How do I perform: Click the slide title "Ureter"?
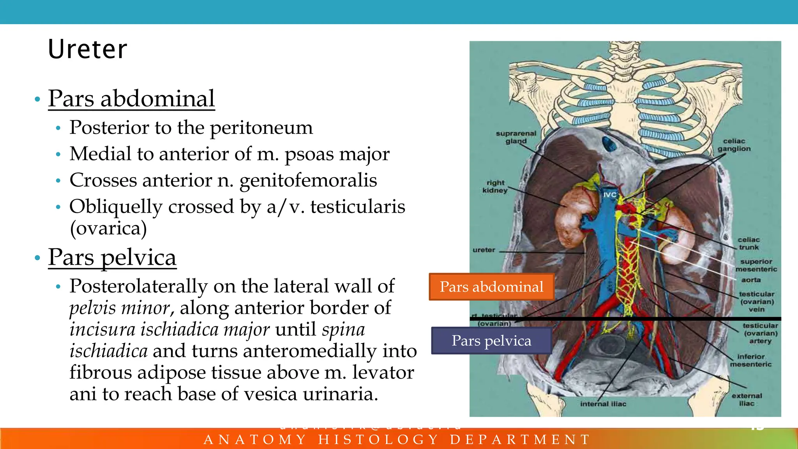coord(87,49)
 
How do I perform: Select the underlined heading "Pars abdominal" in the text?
coord(131,99)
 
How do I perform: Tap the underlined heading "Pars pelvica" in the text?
coord(112,257)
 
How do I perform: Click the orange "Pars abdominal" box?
coord(491,287)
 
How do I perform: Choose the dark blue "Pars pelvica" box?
coord(491,341)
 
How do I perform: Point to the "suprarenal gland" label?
coord(516,137)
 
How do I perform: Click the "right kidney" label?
coord(495,187)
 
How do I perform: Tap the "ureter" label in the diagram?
coord(484,250)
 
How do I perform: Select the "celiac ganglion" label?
coord(734,145)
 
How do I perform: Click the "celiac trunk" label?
coord(749,243)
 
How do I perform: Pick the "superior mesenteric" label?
coord(756,265)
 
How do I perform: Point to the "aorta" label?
coord(751,280)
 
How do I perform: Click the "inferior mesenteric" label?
coord(750,360)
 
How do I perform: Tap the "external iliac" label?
coord(747,400)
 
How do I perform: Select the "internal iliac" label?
coord(603,404)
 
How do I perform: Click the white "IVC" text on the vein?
coord(610,195)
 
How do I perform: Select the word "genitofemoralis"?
coord(308,180)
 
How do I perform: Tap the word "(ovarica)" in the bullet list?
coord(108,228)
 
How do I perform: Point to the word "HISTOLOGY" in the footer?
coord(378,440)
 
